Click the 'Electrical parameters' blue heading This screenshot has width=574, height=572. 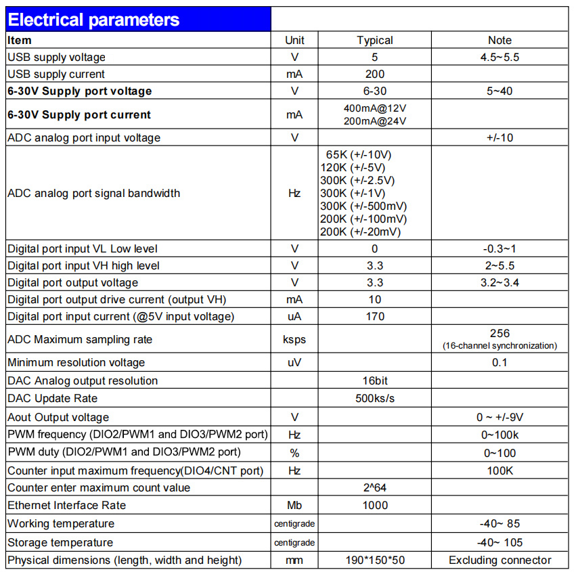[x=94, y=20]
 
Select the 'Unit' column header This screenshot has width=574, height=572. [x=294, y=41]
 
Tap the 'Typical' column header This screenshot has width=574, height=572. [x=374, y=41]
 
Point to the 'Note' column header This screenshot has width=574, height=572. [x=500, y=41]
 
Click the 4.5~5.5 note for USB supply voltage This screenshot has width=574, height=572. [x=500, y=58]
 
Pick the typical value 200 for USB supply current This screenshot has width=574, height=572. [x=374, y=74]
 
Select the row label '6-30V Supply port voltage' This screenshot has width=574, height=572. [x=80, y=91]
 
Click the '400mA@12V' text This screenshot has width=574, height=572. [x=375, y=108]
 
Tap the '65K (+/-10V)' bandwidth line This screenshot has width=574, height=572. [x=359, y=155]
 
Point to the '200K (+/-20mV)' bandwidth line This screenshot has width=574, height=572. [x=360, y=232]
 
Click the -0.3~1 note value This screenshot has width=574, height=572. [x=500, y=249]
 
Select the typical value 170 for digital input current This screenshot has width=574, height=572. [x=374, y=316]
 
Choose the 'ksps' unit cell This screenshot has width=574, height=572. [x=294, y=339]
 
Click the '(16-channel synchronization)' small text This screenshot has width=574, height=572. [x=500, y=346]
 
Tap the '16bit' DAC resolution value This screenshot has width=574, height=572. [x=374, y=381]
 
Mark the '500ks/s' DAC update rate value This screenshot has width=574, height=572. [x=374, y=399]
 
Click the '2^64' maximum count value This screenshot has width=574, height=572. [x=374, y=488]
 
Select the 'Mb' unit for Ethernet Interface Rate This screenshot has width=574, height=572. [x=294, y=506]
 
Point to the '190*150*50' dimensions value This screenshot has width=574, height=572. [x=374, y=560]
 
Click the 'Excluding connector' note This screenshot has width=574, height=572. [x=500, y=560]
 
